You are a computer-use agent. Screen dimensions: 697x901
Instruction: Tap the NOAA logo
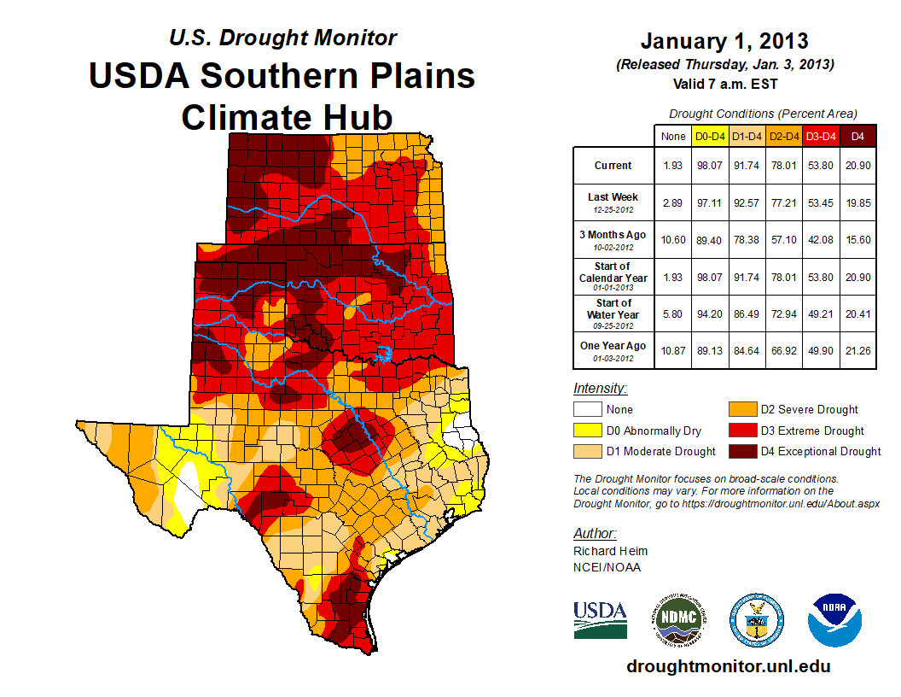pos(835,619)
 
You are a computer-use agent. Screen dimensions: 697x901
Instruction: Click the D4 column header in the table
pos(857,136)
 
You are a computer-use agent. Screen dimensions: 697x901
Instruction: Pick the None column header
pos(672,136)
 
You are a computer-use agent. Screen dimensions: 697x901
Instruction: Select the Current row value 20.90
pos(857,166)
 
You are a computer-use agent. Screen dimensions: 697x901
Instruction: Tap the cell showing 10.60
pos(672,240)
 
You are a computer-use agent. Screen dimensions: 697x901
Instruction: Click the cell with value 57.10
pos(784,240)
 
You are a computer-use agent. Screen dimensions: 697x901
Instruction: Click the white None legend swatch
pos(586,410)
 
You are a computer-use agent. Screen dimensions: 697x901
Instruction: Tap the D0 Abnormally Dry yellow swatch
pos(586,430)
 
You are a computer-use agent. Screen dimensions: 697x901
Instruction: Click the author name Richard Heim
pos(610,551)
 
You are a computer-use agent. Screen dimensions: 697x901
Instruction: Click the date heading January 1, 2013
pos(724,41)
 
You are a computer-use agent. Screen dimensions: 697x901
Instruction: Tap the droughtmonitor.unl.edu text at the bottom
pos(728,666)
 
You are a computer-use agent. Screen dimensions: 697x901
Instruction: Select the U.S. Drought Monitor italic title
pos(282,38)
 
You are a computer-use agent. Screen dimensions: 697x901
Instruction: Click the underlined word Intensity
pos(600,389)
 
